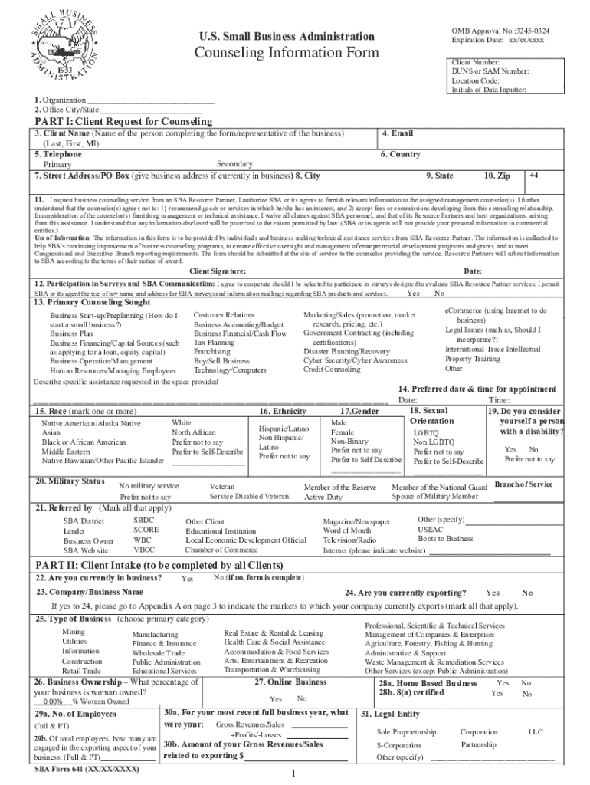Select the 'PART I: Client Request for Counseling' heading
point(123,122)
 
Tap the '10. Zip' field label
point(497,176)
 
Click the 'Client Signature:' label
point(218,271)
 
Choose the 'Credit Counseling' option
point(332,369)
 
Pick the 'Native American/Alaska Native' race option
point(91,423)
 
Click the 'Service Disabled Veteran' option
point(249,497)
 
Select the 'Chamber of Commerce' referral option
point(221,550)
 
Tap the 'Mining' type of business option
point(74,632)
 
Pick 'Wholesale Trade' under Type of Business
point(158,652)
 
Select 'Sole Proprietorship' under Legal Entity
point(406,732)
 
